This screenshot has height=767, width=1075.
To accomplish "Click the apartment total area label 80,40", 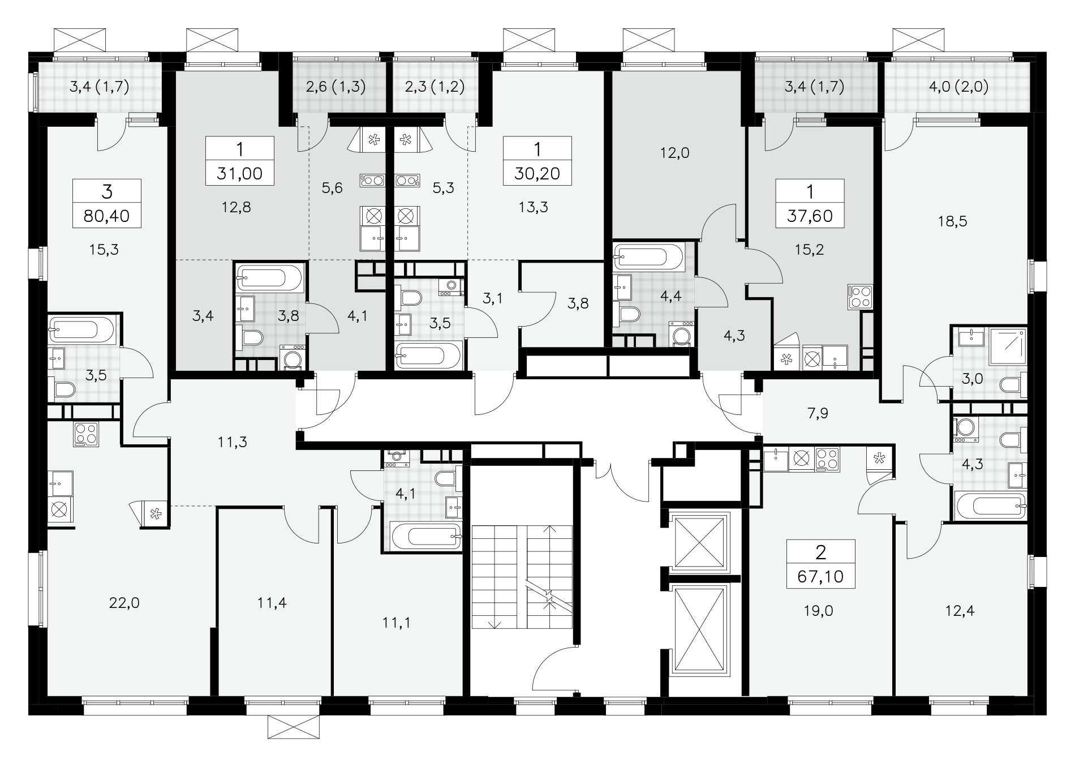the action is click(x=106, y=216).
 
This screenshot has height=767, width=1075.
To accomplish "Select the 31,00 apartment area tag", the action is click(x=240, y=173).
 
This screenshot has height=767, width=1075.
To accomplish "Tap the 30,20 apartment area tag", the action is click(x=537, y=173).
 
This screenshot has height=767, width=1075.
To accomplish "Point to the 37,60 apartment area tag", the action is click(x=810, y=216).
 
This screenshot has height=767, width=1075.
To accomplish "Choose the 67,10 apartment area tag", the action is click(x=820, y=576).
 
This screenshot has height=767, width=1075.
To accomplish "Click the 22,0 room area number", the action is click(x=124, y=603).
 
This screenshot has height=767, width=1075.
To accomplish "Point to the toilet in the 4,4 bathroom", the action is click(x=629, y=314).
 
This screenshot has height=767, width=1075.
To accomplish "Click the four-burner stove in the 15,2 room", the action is click(x=860, y=297).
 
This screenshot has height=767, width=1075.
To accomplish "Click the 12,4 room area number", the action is click(x=960, y=611).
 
